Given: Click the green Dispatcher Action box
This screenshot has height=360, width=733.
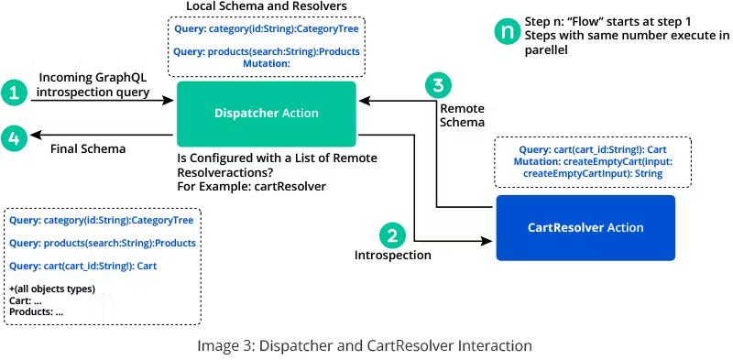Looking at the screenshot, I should click(x=266, y=114).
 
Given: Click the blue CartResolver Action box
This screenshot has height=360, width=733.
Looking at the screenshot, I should click(x=585, y=227).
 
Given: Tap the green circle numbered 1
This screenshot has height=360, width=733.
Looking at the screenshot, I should click(x=14, y=92).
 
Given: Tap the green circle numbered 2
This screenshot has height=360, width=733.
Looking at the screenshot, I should click(x=392, y=235).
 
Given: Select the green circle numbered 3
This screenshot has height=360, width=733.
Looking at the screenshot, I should click(x=439, y=86).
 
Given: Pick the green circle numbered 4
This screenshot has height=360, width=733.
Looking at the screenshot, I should click(x=14, y=139).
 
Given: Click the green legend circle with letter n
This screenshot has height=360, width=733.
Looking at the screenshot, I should click(x=505, y=32).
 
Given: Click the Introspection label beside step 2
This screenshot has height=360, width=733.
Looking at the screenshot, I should click(x=392, y=256).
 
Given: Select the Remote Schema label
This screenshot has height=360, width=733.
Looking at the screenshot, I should click(x=462, y=115).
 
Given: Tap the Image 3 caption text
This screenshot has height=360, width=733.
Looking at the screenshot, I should click(x=364, y=345).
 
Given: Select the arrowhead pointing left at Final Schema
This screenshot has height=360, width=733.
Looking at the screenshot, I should click(x=35, y=135).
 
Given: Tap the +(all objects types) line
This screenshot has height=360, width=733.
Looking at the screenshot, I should click(x=52, y=289).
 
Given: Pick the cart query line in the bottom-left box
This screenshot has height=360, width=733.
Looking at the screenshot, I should click(x=82, y=266).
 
